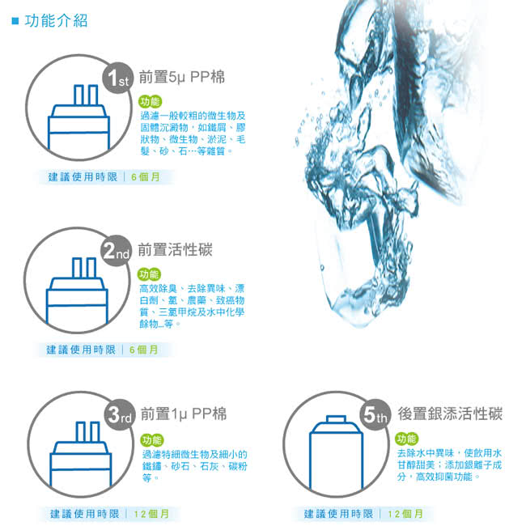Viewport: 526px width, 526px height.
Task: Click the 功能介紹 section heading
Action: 56,21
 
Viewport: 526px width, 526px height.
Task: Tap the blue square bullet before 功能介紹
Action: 15,21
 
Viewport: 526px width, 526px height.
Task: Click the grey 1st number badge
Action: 118,78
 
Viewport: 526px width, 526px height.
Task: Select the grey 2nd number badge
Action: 116,251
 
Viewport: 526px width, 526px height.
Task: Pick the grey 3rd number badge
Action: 120,415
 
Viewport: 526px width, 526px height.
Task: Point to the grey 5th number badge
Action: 375,414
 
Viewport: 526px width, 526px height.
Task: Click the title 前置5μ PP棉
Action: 181,77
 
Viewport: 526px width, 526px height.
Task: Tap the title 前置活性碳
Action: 175,250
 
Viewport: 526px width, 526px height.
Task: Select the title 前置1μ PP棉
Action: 183,414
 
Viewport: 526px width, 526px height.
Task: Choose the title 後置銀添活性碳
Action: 450,414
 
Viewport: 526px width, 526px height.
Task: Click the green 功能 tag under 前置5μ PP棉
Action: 150,101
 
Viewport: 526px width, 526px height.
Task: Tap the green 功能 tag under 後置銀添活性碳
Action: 406,439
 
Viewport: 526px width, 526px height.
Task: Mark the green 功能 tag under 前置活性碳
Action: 149,274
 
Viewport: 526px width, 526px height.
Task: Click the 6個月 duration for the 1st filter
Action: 145,176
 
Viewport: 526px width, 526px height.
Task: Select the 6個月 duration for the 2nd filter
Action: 143,350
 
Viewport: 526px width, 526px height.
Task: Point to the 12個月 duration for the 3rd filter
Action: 151,514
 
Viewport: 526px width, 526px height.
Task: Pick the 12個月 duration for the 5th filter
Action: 405,514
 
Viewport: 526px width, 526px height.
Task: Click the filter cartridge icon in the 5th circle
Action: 336,452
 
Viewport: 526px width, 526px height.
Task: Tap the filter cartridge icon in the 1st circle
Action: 78,117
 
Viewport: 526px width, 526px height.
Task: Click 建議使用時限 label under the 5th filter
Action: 338,514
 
